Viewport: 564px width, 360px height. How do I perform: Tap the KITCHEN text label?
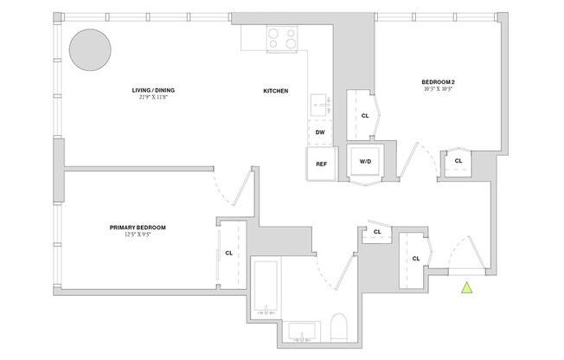point(276,91)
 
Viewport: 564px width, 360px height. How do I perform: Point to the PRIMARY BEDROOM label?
point(138,228)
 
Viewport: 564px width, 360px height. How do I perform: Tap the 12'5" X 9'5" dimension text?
point(138,235)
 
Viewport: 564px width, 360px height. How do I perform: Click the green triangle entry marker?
point(467,290)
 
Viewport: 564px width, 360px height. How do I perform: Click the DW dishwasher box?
point(320,132)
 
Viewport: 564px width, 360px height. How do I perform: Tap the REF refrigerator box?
point(320,163)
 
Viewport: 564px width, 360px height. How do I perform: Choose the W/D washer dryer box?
point(364,162)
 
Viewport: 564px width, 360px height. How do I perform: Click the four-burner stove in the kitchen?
point(281,38)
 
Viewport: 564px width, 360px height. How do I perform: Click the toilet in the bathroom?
point(338,329)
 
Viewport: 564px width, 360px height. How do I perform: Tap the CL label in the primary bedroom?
point(228,254)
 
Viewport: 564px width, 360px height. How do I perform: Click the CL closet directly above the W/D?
point(364,115)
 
